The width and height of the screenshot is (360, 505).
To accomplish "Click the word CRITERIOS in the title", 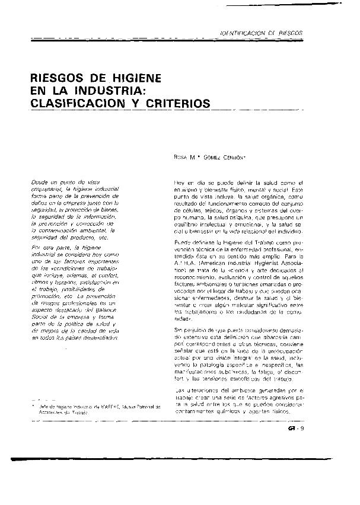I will pos(177,104).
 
